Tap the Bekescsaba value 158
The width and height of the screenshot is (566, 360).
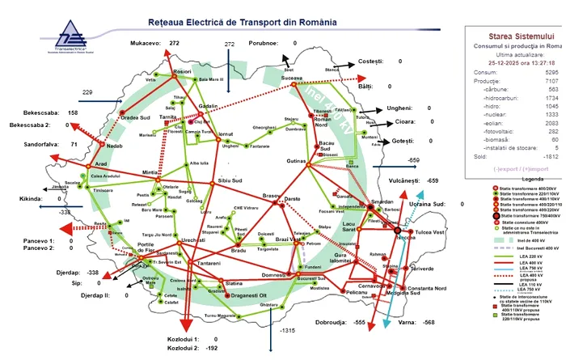click(x=73, y=112)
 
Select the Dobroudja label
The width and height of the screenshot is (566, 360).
click(x=327, y=322)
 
